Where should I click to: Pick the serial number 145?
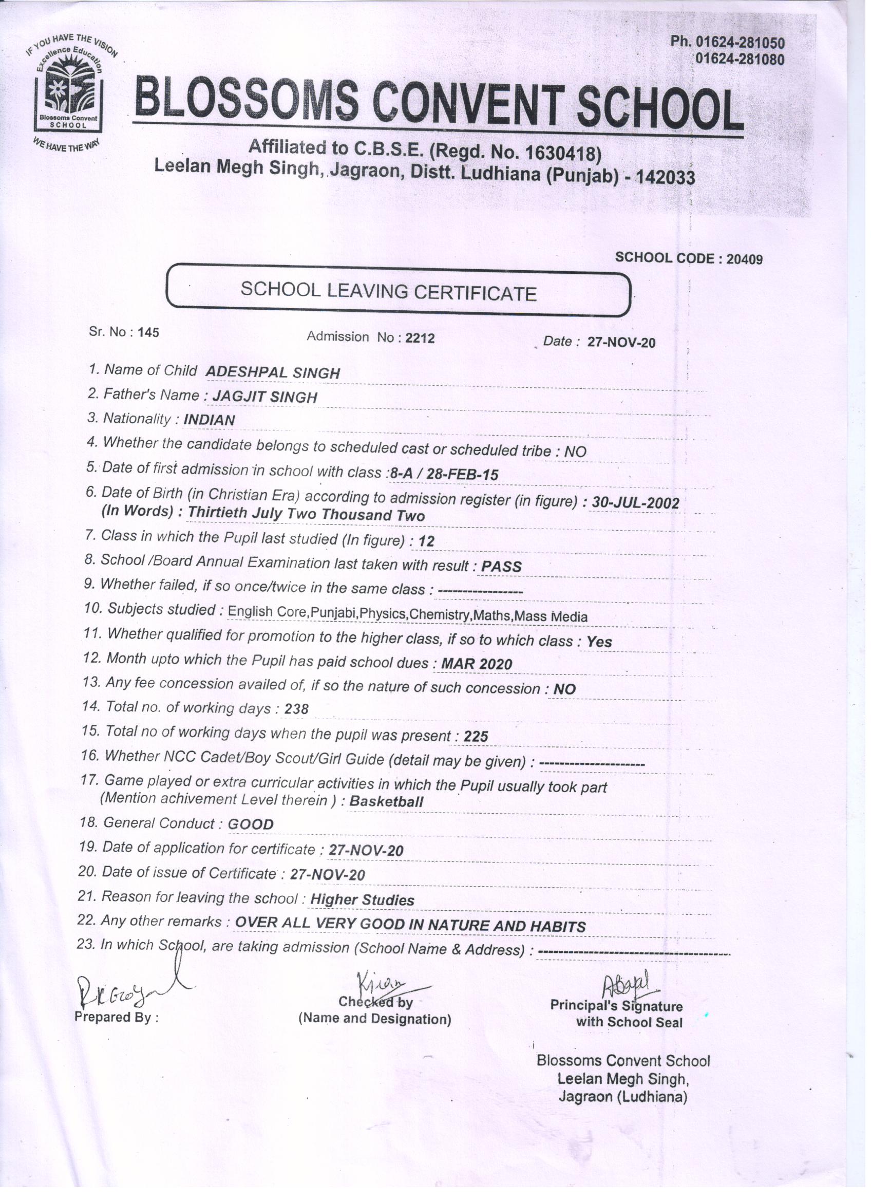(x=148, y=332)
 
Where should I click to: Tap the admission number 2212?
(x=420, y=338)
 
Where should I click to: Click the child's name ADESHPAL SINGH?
(x=272, y=372)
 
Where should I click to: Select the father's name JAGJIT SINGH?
(x=265, y=397)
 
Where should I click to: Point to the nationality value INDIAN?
(x=209, y=420)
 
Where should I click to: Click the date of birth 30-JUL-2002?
(x=635, y=502)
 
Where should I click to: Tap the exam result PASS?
(x=501, y=567)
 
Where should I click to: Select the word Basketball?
(x=386, y=801)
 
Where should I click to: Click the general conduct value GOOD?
(x=251, y=824)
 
